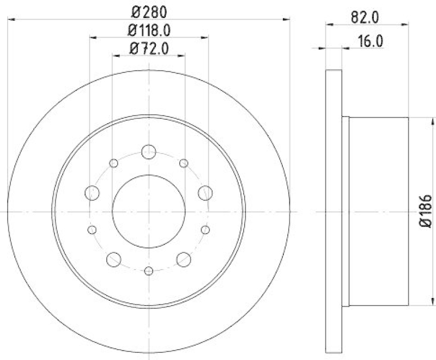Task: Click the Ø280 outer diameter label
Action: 148,11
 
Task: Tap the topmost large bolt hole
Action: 148,152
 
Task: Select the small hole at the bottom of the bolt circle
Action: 148,270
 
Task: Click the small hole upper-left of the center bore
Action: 113,163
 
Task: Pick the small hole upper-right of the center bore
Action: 184,163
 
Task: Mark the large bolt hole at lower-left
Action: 113,259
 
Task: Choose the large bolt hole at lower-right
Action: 184,259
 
